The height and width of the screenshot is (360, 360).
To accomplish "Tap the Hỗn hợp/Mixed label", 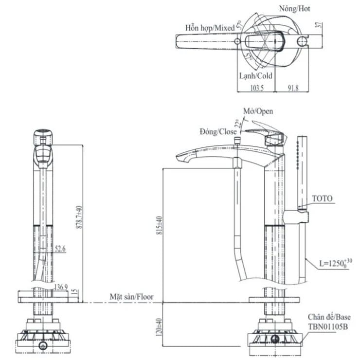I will pyautogui.click(x=210, y=28).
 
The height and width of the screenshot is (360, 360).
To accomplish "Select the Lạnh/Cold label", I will pyautogui.click(x=256, y=76).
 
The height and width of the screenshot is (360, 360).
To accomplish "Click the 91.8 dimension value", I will pyautogui.click(x=293, y=88).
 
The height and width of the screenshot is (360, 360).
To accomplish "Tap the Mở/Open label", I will pyautogui.click(x=258, y=111).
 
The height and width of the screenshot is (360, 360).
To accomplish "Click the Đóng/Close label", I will pyautogui.click(x=218, y=131).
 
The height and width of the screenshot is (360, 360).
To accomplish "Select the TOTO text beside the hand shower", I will pyautogui.click(x=322, y=198).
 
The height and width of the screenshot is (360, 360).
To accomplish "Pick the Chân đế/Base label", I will pyautogui.click(x=329, y=317).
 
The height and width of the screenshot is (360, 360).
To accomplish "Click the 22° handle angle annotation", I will pyautogui.click(x=238, y=123).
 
